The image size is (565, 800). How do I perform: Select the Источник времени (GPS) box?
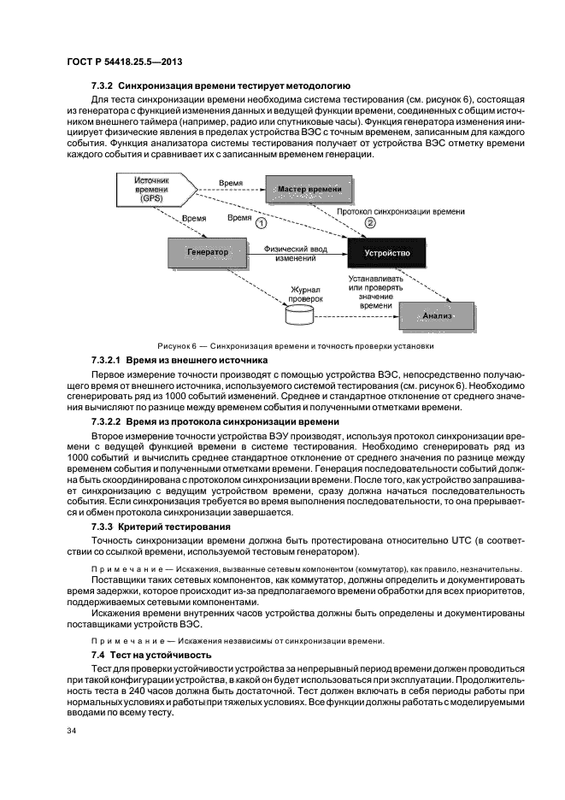point(154,192)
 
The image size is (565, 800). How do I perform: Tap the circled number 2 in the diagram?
point(368,223)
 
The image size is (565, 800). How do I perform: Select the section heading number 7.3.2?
point(103,86)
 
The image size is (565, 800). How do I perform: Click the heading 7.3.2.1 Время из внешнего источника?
point(180,361)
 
